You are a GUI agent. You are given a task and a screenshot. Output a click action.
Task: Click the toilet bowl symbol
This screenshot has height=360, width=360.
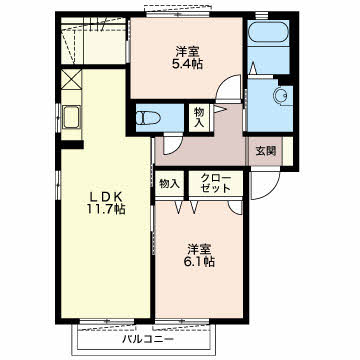149,118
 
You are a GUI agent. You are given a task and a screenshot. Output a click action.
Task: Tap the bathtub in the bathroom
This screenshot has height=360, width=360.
269,33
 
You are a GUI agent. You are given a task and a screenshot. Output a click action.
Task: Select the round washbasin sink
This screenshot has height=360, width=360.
280,96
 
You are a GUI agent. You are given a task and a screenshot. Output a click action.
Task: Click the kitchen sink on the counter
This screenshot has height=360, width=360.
71,117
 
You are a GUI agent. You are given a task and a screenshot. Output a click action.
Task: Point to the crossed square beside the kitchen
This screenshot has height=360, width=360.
71,79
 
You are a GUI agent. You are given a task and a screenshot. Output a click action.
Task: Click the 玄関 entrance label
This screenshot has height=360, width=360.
266,151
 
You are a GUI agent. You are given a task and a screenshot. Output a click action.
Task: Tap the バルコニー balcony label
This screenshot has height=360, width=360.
148,340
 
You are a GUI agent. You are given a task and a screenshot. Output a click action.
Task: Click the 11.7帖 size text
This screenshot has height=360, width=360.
106,209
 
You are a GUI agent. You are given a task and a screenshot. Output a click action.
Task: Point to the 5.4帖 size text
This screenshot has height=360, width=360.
187,64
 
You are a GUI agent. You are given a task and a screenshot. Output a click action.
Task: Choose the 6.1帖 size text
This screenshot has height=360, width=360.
199,261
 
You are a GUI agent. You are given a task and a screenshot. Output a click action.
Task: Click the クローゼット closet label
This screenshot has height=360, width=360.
216,183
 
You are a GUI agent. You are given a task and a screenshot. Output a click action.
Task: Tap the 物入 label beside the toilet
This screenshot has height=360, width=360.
199,117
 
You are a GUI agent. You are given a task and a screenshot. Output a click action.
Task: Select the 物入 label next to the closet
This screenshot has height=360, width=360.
170,183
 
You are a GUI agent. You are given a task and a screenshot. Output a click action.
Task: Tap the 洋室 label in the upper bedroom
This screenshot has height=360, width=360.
188,52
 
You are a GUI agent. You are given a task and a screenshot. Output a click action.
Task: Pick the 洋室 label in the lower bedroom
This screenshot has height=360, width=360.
199,249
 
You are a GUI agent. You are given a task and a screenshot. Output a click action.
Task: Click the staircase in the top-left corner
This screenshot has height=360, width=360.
94,41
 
